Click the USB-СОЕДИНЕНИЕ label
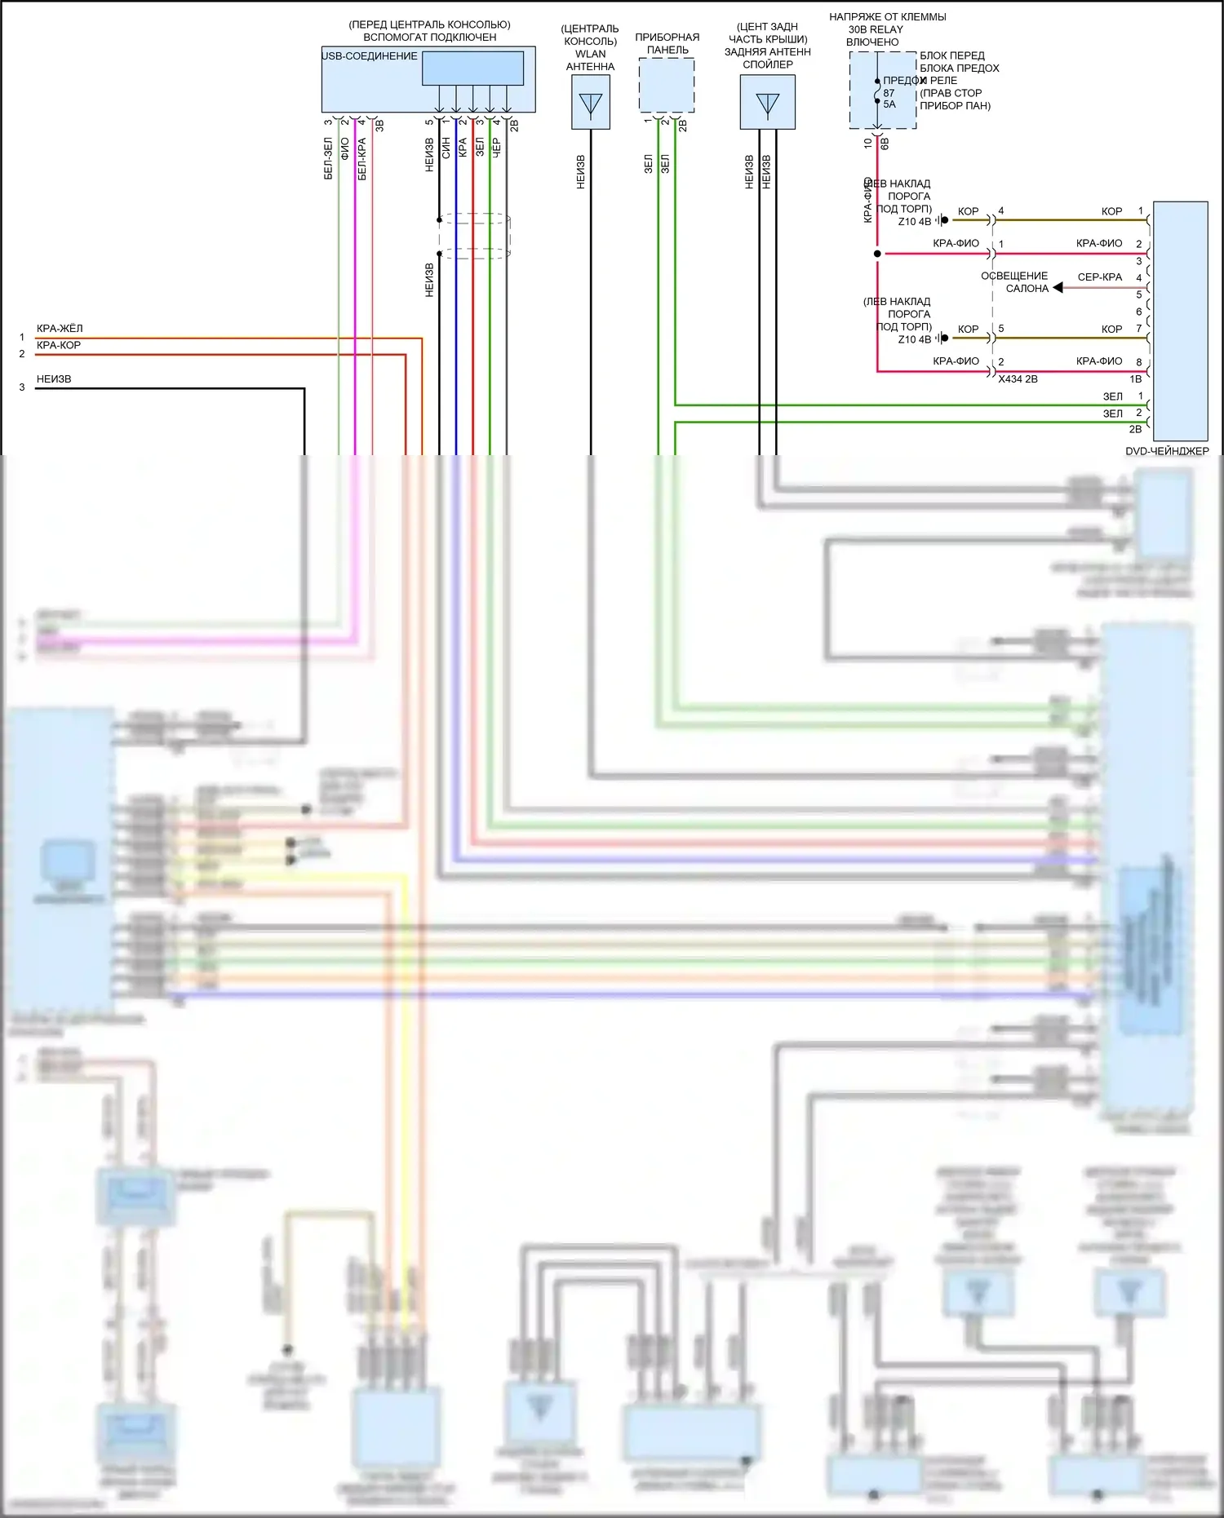coord(370,56)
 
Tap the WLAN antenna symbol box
coord(590,103)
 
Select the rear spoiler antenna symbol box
coord(767,103)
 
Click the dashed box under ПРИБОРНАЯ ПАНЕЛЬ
coord(666,85)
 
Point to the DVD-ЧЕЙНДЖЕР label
coord(1167,451)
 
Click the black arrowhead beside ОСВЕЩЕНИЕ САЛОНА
coord(1058,288)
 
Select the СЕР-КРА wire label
coord(1099,277)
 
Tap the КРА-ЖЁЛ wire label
coord(60,329)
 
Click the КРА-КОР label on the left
coord(59,345)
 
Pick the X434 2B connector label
coord(1018,379)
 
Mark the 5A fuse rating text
coord(889,104)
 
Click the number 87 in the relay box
coord(889,93)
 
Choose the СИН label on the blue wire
coord(446,148)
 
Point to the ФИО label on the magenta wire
coord(344,148)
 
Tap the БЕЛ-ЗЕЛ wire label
coord(328,158)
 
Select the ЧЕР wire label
coord(496,148)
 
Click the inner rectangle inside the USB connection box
coord(472,69)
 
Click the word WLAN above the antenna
coord(590,54)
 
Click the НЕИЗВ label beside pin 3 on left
coord(54,379)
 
